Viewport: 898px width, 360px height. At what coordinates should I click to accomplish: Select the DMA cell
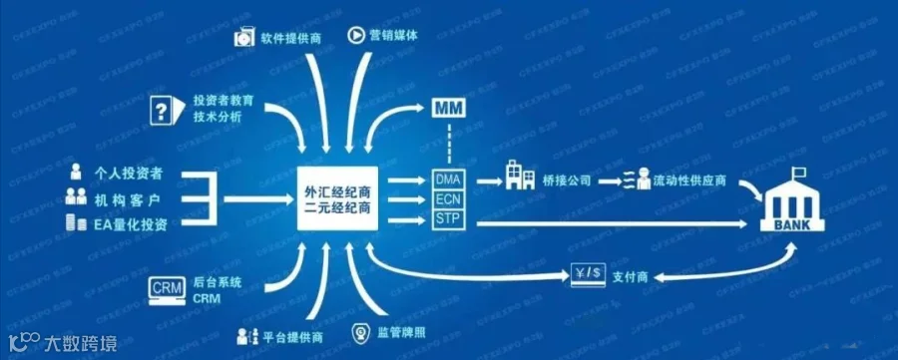(448, 180)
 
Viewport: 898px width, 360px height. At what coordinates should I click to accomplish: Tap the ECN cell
(448, 199)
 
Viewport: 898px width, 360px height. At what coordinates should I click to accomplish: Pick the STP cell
(448, 218)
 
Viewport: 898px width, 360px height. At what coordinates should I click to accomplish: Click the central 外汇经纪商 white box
(338, 198)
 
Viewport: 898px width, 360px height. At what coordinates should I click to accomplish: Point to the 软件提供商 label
(291, 38)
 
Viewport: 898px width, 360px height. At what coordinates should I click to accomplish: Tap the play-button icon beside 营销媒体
(355, 36)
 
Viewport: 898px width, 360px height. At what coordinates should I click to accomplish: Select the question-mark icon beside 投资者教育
(165, 109)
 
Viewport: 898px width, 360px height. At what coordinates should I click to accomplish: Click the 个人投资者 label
(127, 174)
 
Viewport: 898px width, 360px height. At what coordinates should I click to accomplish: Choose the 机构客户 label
(127, 199)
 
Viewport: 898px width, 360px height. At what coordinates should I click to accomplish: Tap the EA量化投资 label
(130, 224)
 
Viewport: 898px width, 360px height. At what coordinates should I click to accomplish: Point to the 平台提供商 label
(292, 336)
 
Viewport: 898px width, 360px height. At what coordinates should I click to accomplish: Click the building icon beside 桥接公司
(520, 176)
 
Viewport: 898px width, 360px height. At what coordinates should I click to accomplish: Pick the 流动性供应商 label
(689, 181)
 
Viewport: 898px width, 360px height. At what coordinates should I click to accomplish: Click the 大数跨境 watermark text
(81, 343)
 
